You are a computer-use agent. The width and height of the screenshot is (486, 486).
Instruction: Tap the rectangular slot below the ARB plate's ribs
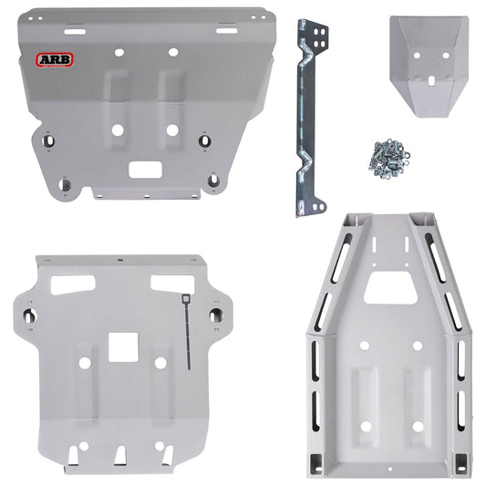coord(144,170)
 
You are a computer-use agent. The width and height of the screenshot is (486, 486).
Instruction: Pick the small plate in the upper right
coord(427,67)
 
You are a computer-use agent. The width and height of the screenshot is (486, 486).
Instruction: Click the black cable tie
coord(186,329)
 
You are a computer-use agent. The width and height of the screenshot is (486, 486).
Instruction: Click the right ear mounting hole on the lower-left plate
coord(216,315)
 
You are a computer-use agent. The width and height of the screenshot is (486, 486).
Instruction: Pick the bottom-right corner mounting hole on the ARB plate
coord(212,181)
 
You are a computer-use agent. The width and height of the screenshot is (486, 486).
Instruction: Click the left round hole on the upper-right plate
coord(415,54)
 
